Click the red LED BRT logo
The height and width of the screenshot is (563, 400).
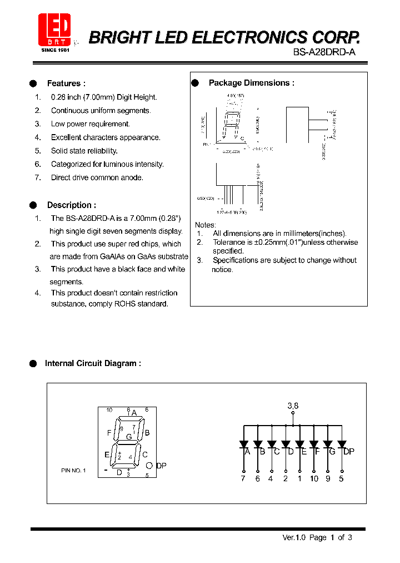point(54,29)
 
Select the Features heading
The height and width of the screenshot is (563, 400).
point(66,83)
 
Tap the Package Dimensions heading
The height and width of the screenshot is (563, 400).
point(251,83)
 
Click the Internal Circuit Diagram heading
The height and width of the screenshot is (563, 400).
point(93,363)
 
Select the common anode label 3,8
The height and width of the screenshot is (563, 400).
point(293,406)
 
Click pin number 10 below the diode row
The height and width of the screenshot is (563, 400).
point(314,478)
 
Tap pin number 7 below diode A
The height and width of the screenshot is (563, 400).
point(243,478)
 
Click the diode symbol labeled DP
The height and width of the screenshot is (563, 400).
point(342,445)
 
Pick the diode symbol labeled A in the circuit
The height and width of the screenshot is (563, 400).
point(243,445)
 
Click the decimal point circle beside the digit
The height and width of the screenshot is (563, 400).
point(149,466)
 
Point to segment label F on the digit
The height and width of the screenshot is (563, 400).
point(109,432)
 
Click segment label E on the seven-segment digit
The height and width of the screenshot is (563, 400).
point(107,455)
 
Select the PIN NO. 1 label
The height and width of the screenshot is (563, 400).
point(73,471)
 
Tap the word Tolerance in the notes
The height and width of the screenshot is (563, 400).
point(229,243)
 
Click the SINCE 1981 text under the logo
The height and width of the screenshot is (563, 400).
point(54,50)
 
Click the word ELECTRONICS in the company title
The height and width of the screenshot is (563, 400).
point(242,37)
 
